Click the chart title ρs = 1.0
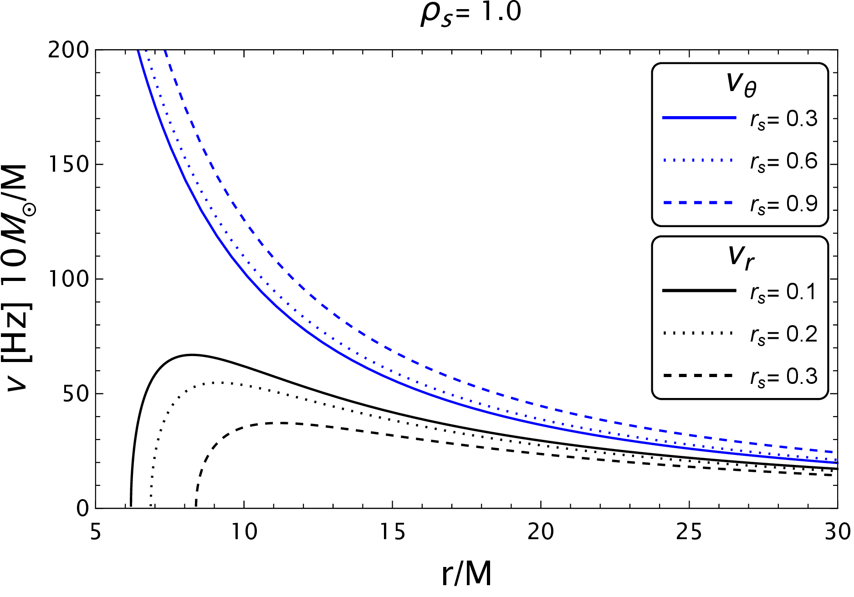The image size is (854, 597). click(471, 13)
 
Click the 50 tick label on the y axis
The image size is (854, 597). click(75, 393)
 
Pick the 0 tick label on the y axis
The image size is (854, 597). click(82, 508)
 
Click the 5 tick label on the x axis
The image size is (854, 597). click(95, 531)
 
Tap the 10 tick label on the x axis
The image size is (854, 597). click(244, 531)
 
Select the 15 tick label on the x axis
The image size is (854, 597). click(392, 531)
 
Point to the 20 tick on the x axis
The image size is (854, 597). click(541, 531)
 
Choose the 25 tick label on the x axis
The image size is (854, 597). click(689, 531)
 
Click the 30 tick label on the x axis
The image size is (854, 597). click(837, 531)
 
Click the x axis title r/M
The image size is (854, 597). click(467, 574)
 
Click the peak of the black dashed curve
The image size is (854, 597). click(282, 423)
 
